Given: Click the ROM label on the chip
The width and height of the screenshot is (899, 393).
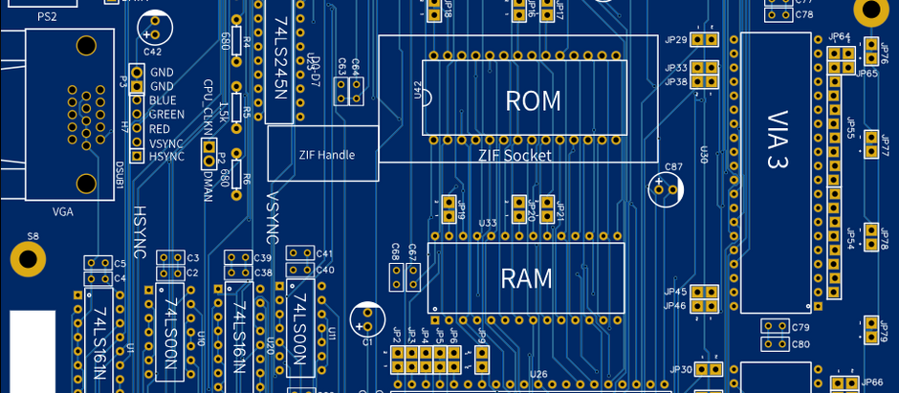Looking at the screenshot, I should click(x=533, y=100).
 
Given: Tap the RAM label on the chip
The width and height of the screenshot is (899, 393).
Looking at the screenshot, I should click(x=527, y=278).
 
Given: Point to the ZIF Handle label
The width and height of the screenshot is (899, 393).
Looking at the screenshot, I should click(x=326, y=155).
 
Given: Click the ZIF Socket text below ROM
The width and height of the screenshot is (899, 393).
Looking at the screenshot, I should click(x=515, y=155).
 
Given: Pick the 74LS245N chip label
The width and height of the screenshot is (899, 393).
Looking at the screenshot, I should click(x=279, y=58).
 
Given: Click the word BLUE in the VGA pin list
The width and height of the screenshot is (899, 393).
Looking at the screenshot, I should click(x=163, y=100).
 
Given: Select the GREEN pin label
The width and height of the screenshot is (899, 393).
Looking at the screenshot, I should click(x=166, y=115).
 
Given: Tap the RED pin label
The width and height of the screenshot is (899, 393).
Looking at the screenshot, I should click(x=160, y=129).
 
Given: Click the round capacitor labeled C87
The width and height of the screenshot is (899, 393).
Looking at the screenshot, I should click(x=668, y=188).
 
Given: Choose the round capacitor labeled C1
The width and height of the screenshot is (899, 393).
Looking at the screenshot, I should click(x=366, y=318).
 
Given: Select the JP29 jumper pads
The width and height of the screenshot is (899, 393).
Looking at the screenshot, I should click(x=705, y=40).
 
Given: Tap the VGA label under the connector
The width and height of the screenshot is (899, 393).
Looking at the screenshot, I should click(x=63, y=211).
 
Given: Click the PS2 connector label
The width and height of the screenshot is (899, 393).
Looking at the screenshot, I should click(x=47, y=17).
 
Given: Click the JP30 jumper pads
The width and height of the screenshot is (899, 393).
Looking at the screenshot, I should click(x=709, y=369).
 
